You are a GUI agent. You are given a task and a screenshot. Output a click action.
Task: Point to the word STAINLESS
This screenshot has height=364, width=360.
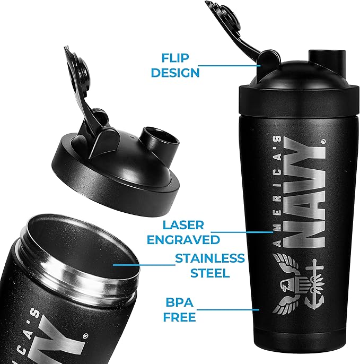pos(210,259)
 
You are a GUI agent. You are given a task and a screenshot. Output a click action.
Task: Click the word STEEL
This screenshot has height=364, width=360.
pos(210,274)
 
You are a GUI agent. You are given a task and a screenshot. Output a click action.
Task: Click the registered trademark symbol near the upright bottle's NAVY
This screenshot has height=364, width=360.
pos(323,140)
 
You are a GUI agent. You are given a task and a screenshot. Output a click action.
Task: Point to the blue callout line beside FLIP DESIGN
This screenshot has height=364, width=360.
pos(233,65)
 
